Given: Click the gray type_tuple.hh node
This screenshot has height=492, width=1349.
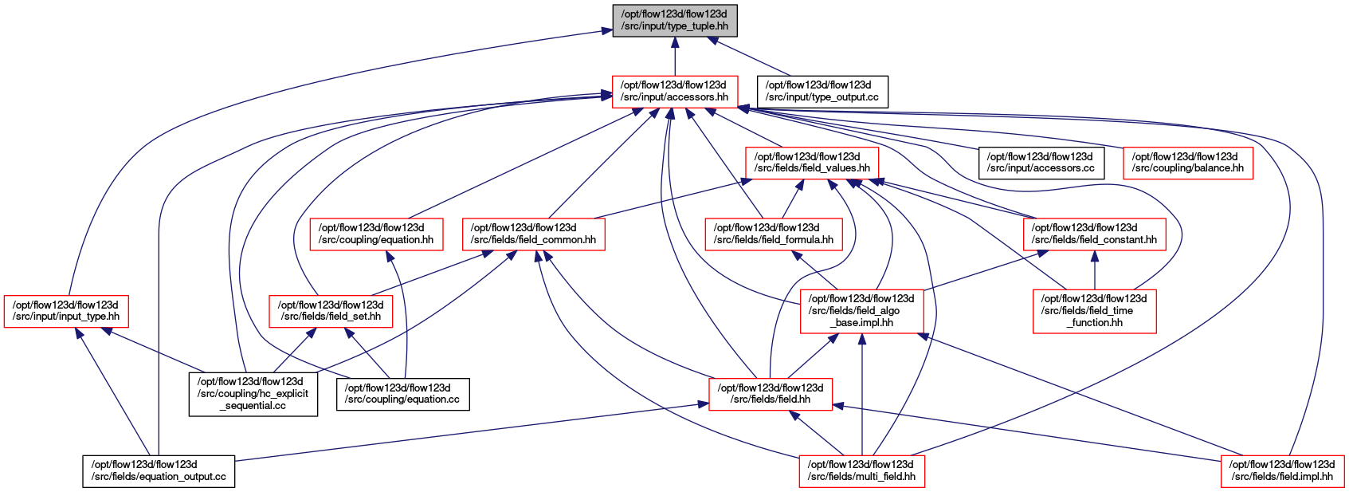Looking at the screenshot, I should [675, 20].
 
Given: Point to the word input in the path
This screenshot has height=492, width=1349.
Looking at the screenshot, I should [652, 26].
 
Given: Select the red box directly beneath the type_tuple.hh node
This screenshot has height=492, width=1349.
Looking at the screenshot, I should [675, 92].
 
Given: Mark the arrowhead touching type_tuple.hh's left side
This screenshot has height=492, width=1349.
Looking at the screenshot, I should [606, 31].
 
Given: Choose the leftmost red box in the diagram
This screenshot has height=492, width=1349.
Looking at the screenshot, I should [66, 312].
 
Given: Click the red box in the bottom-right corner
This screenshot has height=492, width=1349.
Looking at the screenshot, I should [1283, 471].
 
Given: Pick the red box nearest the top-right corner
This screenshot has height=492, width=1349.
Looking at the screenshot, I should [1188, 163].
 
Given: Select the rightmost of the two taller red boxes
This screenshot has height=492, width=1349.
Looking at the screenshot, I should [1095, 311].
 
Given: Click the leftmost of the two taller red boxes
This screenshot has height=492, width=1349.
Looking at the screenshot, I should [862, 311].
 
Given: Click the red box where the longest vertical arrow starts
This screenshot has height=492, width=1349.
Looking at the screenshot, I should [862, 471].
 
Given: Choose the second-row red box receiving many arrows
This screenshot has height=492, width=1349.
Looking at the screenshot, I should [812, 163].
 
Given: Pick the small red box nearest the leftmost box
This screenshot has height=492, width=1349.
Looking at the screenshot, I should [331, 312].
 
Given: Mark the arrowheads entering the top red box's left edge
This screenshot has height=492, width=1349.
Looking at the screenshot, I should [606, 96].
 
